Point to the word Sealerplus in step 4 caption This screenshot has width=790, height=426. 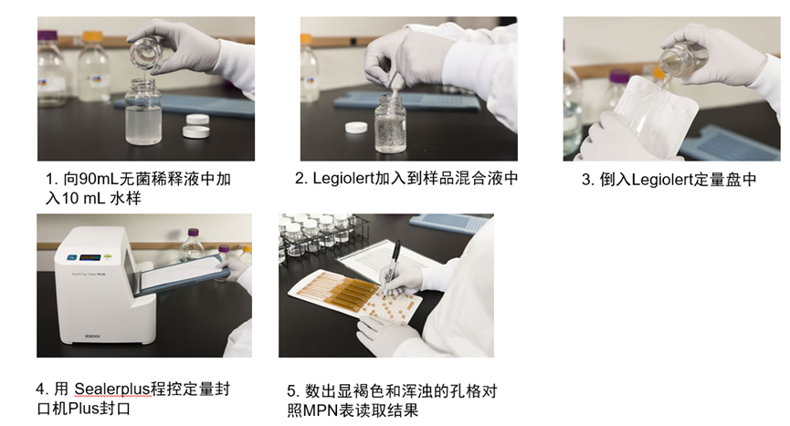point(113,389)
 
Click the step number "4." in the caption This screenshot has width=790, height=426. point(42,389)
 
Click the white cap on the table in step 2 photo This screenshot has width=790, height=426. point(356,128)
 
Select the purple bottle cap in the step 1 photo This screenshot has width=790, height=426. point(47,35)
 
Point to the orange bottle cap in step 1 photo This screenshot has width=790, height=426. point(93,36)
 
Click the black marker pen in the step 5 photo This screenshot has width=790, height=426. point(392,266)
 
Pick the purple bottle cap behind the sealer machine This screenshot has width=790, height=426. point(193,233)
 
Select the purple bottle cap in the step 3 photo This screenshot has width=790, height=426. point(619,77)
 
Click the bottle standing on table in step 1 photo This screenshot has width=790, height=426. point(143,111)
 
